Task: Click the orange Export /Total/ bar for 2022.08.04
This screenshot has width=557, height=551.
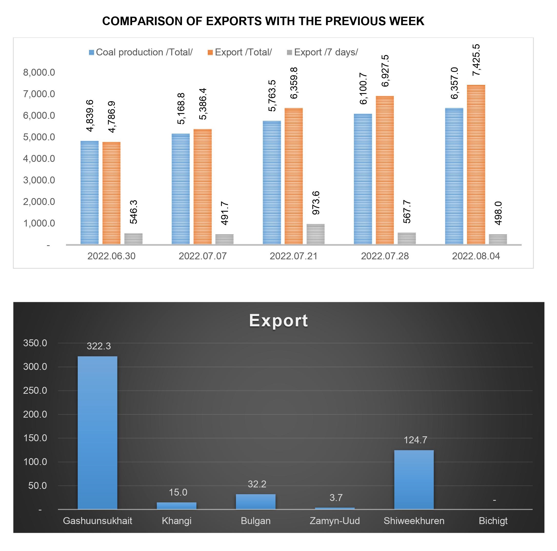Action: (476, 165)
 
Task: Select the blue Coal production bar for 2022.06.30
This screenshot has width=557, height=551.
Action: (89, 193)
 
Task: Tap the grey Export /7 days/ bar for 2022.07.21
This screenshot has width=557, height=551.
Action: (315, 234)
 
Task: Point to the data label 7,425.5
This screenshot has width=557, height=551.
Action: (476, 60)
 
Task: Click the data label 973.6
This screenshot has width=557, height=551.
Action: (316, 203)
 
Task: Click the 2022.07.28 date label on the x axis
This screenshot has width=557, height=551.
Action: (385, 256)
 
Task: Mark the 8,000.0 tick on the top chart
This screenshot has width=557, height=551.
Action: (39, 72)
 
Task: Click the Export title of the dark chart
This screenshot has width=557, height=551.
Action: (278, 320)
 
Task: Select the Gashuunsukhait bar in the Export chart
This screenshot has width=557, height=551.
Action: (97, 432)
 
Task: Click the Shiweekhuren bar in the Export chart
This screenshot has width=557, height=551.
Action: (414, 479)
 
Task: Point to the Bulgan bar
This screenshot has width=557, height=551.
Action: (255, 502)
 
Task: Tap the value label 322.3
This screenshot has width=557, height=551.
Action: (98, 346)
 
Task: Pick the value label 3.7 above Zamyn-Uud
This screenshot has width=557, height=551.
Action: (336, 498)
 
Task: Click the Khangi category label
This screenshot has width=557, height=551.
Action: (176, 521)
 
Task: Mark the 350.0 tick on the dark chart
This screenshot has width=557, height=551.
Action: (35, 343)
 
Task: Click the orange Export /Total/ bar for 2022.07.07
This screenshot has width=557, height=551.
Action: (202, 187)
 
